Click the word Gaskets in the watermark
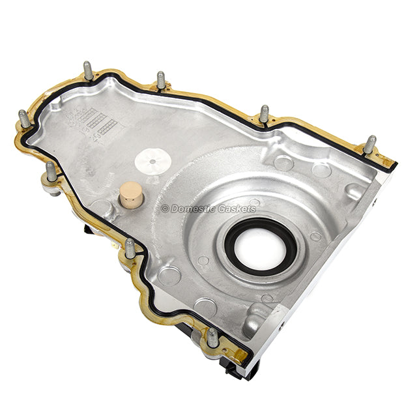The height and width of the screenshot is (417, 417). click(237, 208)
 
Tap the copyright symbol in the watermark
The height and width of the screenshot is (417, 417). click(165, 208)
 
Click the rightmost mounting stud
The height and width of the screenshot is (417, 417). click(369, 145)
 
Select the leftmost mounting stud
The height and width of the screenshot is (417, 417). click(24, 119)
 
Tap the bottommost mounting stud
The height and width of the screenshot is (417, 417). click(212, 338)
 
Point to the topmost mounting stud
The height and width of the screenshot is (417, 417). click(88, 70)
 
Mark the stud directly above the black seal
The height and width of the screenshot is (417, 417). click(264, 114)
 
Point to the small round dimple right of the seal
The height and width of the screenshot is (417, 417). click(315, 236)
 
